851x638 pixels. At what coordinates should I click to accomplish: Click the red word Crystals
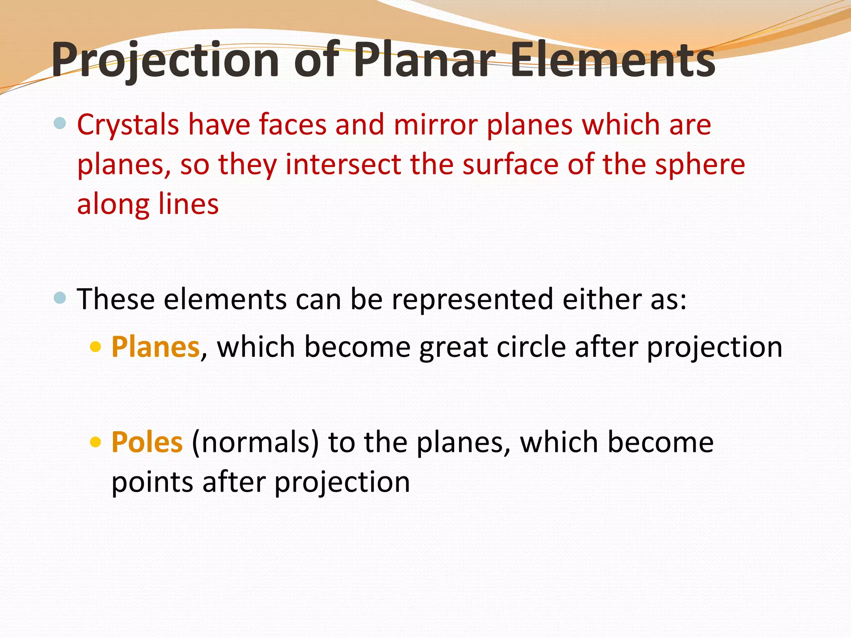128,125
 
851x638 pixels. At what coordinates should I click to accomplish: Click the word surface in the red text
511,164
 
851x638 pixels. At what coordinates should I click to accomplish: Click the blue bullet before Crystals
60,123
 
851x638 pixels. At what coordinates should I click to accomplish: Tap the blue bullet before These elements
60,298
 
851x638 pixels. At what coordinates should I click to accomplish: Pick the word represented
472,299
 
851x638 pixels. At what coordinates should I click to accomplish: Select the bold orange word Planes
155,347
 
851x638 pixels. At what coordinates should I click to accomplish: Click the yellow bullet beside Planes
96,346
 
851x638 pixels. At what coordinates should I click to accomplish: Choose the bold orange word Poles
147,442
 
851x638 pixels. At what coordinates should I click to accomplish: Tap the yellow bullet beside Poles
96,442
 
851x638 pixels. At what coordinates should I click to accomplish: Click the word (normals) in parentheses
255,442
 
